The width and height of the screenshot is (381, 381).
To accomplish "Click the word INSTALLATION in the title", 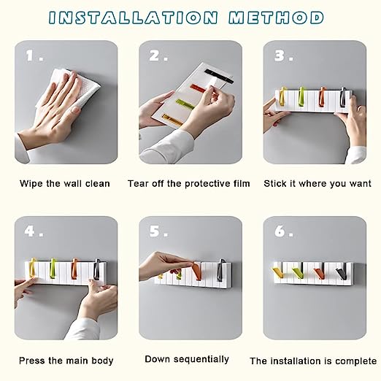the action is [133, 18].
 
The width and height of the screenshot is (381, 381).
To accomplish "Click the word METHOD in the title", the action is [276, 18].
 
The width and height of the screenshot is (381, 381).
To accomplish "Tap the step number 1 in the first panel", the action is [30, 55].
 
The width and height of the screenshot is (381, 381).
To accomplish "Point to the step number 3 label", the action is [280, 55].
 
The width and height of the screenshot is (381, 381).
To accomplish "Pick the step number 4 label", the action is [29, 231].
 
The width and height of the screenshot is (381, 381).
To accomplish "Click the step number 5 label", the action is [155, 231].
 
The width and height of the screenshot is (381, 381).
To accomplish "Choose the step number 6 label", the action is [280, 231].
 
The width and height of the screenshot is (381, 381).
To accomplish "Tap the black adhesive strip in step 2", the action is [219, 76].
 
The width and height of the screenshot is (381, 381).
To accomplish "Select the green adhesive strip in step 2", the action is [185, 104].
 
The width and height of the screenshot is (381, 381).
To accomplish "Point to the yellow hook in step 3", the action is [283, 96].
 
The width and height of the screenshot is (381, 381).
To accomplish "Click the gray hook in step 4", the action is [97, 269].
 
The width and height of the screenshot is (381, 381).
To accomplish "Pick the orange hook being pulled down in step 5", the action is [197, 271].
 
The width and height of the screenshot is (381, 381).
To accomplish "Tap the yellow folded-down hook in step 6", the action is [278, 272].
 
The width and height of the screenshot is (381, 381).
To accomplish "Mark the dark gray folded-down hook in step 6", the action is [342, 273].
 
